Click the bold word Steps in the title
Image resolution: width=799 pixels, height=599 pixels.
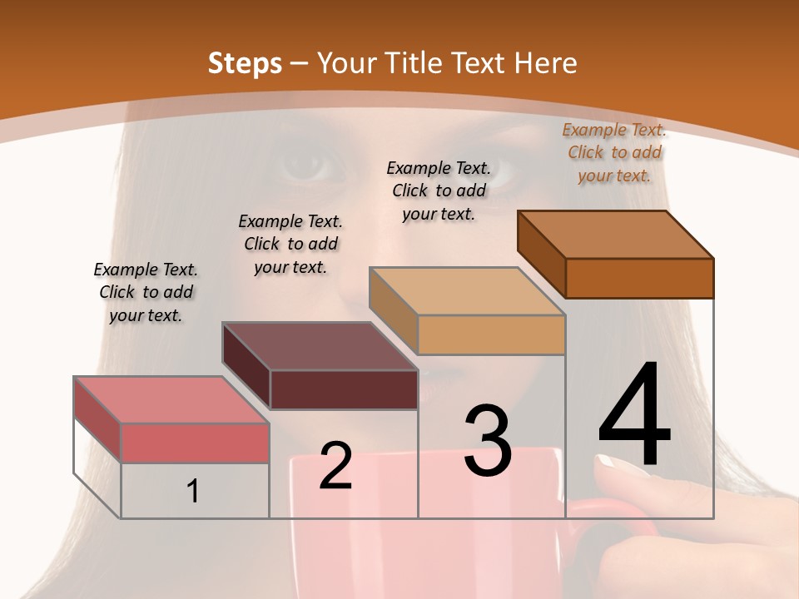[245, 63]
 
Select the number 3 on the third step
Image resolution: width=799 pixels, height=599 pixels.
[488, 441]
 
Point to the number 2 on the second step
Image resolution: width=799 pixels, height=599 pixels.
[335, 467]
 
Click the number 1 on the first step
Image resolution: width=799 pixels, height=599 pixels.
[193, 492]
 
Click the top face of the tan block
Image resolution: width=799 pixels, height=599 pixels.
[468, 291]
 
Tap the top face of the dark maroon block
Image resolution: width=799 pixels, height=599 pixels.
[320, 346]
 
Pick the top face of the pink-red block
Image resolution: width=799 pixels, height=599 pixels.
[171, 400]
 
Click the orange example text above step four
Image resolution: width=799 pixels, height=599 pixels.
[614, 152]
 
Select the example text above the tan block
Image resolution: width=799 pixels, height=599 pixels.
[439, 191]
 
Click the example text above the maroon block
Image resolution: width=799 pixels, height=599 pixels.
[290, 244]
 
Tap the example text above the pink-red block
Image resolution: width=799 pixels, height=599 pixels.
[146, 292]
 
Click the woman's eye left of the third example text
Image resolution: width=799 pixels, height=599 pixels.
[312, 164]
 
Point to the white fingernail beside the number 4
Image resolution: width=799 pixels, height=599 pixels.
[613, 463]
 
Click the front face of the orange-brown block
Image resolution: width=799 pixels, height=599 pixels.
[639, 278]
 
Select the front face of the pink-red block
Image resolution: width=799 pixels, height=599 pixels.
[195, 443]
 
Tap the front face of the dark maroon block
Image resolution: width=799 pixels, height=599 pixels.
[344, 389]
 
